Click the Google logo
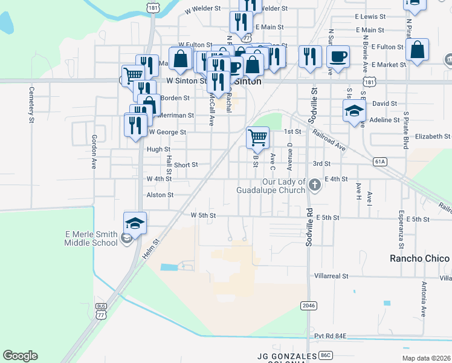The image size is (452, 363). pyautogui.click(x=20, y=356)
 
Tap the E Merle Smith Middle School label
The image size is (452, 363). pyautogui.click(x=91, y=238)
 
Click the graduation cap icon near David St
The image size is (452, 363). pyautogui.click(x=354, y=111)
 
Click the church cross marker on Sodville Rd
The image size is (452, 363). pyautogui.click(x=314, y=185)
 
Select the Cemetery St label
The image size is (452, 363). pyautogui.click(x=31, y=105)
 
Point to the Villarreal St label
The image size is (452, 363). pyautogui.click(x=331, y=276)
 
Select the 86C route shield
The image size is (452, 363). pyautogui.click(x=326, y=355)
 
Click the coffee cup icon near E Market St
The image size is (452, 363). pyautogui.click(x=338, y=56)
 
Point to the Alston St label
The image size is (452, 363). pyautogui.click(x=160, y=195)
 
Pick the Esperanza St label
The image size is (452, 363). pyautogui.click(x=401, y=230)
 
